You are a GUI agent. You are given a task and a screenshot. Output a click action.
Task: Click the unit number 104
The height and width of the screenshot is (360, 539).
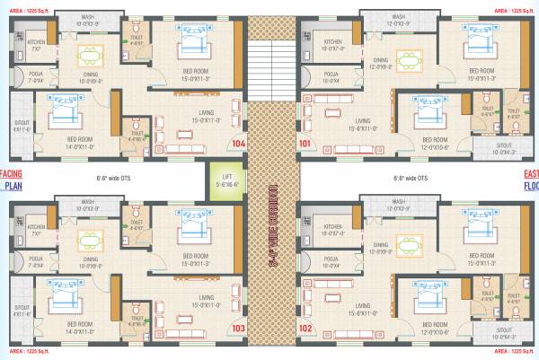(238, 143)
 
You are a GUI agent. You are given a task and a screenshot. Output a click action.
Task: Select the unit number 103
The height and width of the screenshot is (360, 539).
(238, 329)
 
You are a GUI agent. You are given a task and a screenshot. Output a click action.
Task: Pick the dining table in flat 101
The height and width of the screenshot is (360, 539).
(410, 62)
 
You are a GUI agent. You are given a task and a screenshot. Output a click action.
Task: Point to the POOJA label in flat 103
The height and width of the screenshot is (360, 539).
(36, 263)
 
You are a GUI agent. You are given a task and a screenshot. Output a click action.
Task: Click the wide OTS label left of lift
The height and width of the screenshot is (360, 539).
(114, 178)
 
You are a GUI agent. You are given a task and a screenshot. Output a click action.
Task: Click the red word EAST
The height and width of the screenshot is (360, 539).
(531, 173)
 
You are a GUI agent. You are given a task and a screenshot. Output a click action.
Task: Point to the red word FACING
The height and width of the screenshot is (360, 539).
(9, 173)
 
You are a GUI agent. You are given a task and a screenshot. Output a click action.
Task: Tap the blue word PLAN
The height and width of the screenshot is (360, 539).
(12, 187)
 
